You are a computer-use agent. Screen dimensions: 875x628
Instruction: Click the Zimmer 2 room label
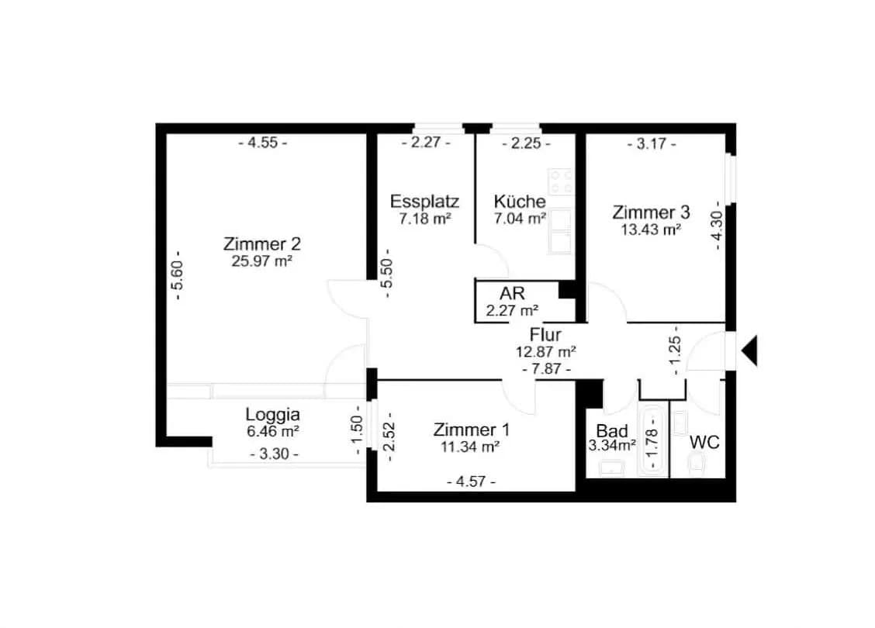261,244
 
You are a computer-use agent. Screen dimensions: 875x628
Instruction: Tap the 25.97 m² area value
261,261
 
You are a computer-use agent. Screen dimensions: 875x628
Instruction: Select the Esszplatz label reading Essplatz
424,202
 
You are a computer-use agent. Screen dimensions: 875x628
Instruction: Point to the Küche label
520,201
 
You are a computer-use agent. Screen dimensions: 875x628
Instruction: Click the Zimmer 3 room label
651,212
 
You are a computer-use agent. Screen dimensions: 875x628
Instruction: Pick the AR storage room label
512,293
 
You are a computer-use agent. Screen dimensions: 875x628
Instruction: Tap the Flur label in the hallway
545,335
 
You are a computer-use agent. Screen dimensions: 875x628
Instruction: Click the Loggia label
273,414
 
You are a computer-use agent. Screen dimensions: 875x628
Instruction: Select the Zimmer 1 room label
471,430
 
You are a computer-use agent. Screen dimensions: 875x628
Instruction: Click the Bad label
611,430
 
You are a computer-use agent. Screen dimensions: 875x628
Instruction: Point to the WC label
704,442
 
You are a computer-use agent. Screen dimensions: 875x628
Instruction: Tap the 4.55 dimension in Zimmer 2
263,143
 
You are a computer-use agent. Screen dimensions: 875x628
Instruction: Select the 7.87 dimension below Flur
546,368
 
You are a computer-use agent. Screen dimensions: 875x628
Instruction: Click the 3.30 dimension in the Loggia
274,454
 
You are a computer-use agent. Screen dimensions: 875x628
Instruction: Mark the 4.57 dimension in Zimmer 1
471,481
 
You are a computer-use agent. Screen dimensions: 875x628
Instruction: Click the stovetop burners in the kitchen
561,181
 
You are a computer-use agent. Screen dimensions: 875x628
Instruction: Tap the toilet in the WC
697,463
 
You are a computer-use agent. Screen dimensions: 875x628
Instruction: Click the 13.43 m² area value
651,229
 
